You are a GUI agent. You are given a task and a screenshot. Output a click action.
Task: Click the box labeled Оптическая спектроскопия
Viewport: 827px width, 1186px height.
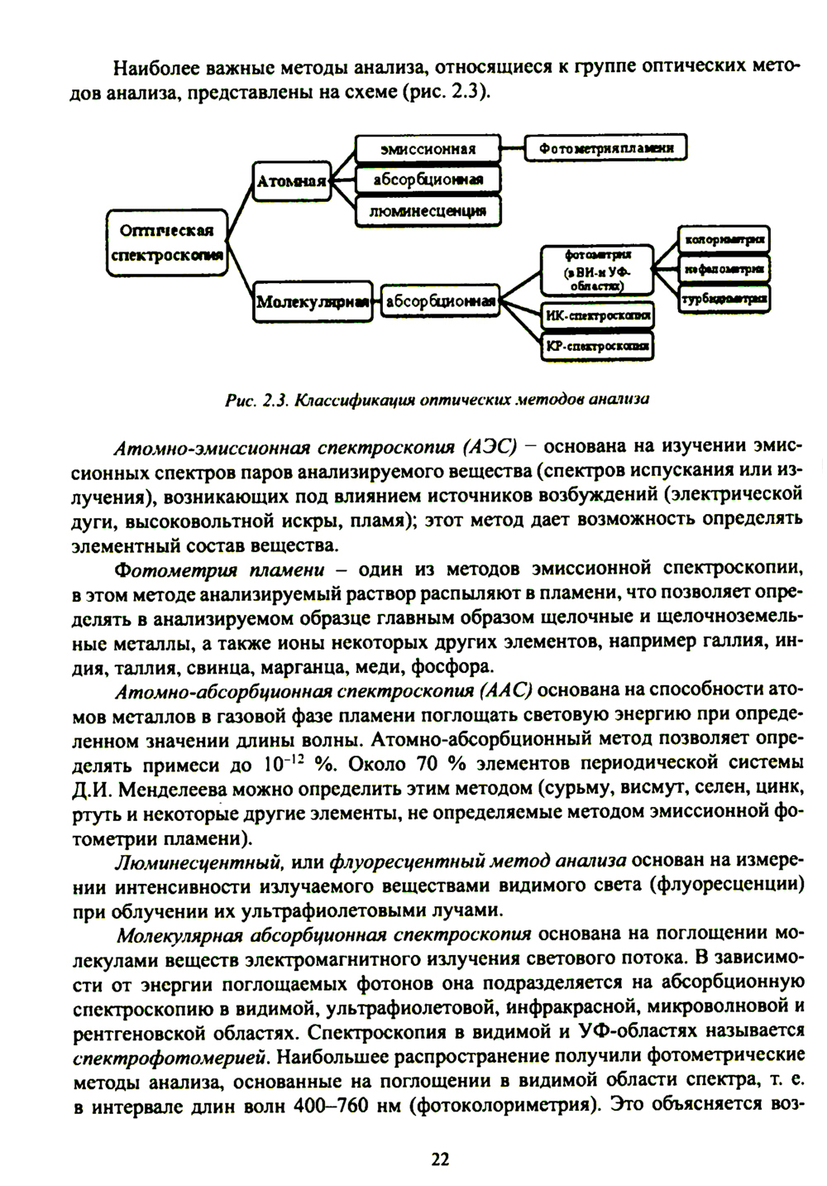167,242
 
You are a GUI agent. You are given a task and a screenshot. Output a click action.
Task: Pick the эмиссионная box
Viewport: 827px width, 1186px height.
428,149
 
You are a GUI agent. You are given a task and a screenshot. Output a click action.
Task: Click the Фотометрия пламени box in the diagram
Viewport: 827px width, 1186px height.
606,149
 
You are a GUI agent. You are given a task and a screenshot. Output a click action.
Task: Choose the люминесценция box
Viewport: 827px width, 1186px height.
428,210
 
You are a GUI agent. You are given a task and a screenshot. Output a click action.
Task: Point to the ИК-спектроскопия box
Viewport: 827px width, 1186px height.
597,315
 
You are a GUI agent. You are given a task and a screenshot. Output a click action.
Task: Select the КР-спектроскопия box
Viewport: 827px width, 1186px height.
597,345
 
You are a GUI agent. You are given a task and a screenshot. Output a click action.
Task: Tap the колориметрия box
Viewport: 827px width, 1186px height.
724,240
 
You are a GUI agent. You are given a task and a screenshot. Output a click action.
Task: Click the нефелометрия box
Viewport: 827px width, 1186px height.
724,269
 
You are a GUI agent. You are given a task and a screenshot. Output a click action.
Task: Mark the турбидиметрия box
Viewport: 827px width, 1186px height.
724,298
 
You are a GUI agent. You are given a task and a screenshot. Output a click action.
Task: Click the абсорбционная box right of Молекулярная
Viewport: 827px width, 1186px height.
441,301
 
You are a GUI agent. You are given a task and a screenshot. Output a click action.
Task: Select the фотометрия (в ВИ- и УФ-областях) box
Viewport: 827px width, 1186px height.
597,270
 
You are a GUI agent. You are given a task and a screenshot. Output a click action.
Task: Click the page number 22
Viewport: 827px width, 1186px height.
439,1159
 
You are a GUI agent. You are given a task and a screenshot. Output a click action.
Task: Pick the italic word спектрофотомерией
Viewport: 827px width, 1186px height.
169,1057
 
